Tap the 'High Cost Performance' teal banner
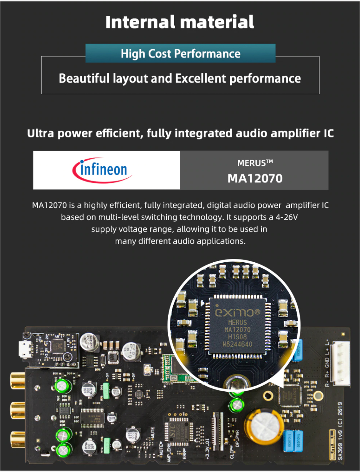tap(180, 53)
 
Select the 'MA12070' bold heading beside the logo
tap(255, 178)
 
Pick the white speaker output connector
tap(340, 363)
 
